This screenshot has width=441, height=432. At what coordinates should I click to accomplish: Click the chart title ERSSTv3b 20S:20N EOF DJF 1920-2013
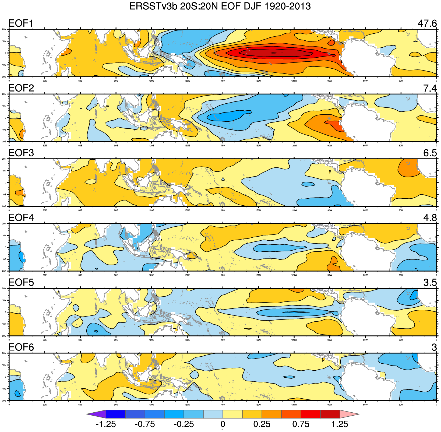(x=220, y=6)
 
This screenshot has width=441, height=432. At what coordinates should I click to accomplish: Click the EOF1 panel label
(x=21, y=23)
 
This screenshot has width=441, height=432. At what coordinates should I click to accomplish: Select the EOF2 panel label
(x=21, y=88)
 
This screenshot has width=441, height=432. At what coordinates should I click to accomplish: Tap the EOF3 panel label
(x=21, y=153)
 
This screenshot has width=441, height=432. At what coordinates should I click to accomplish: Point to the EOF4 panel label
(x=21, y=217)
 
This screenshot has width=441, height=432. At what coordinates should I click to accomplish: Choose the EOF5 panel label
(x=21, y=282)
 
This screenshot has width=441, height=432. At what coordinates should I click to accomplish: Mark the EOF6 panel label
(x=21, y=347)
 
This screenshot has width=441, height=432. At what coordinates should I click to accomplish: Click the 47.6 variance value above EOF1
(x=427, y=23)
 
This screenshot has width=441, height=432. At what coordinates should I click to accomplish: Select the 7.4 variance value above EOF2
(x=430, y=88)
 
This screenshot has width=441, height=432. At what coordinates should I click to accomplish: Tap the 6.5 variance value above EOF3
(x=430, y=153)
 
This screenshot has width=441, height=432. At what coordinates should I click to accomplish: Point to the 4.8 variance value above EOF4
(x=430, y=217)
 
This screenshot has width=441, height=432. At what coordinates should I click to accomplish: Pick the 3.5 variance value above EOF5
(x=430, y=282)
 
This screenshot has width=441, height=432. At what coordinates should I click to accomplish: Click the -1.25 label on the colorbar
(x=106, y=424)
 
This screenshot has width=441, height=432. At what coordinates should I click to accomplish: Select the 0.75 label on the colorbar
(x=301, y=424)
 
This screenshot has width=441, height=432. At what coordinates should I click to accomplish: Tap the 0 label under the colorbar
(x=223, y=424)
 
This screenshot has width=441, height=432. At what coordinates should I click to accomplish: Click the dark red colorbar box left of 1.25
(x=330, y=414)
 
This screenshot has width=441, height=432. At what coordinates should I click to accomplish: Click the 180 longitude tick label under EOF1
(x=223, y=81)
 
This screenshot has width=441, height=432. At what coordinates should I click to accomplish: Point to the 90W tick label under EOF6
(x=330, y=405)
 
